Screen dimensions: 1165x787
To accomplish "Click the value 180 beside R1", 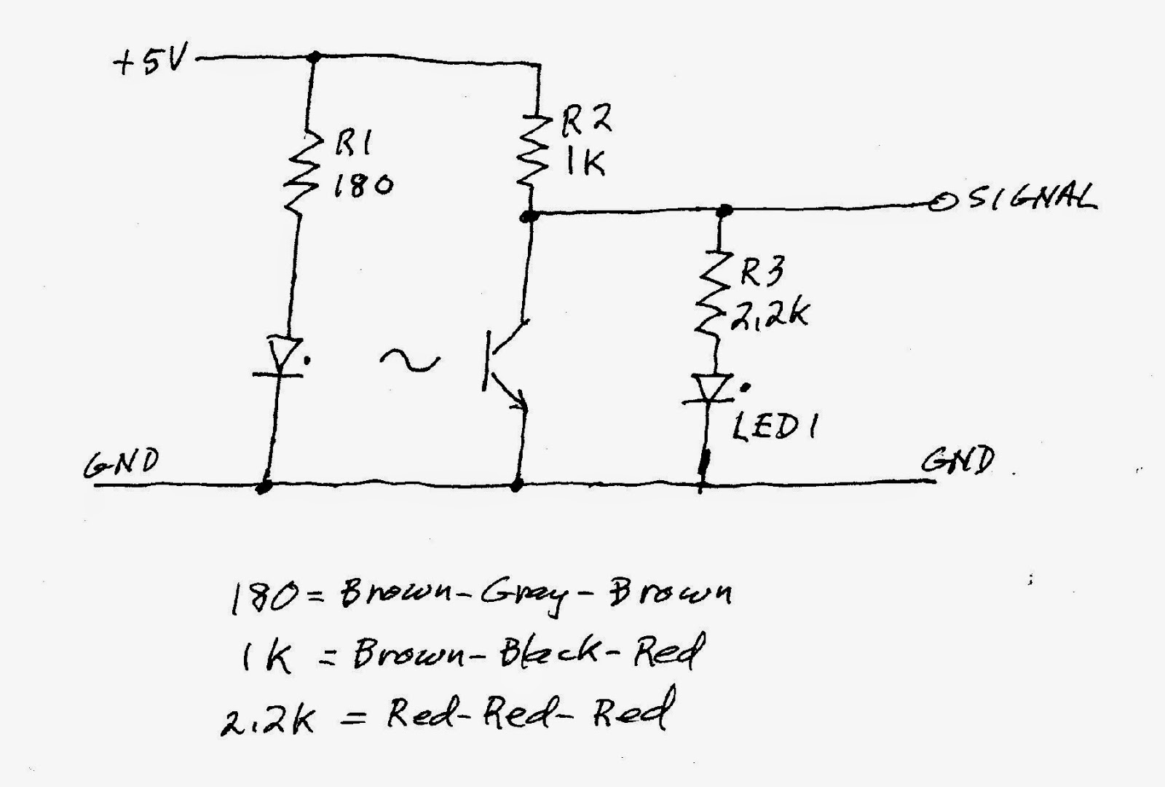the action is [x=363, y=184].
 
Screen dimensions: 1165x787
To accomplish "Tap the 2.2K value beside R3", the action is [x=770, y=314].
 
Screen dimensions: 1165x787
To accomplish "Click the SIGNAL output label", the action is [x=1033, y=197].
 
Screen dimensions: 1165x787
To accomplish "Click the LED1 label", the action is [x=774, y=428].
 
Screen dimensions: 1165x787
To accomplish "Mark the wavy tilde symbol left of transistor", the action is [x=410, y=361].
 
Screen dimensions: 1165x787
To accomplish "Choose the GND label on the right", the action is [x=957, y=460].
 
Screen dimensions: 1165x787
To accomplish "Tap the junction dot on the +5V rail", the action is [x=313, y=56].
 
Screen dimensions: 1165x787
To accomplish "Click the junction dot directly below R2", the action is [x=529, y=215].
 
